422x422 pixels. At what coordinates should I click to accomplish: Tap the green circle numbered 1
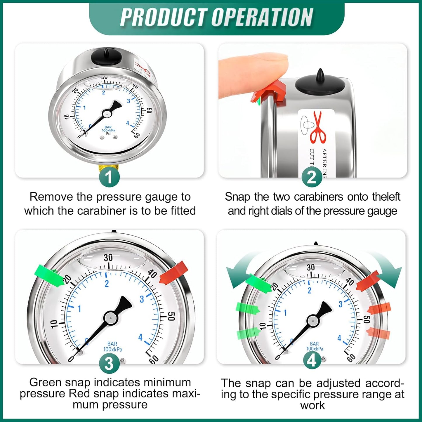109,177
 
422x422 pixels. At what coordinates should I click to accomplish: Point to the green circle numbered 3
109,364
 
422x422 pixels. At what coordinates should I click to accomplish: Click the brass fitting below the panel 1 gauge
108,169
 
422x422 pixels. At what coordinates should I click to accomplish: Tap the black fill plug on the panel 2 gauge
320,82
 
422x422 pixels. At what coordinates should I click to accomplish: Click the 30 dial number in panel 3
108,258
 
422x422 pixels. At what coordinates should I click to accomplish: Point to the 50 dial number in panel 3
171,316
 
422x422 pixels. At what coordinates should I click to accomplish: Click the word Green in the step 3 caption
45,382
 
